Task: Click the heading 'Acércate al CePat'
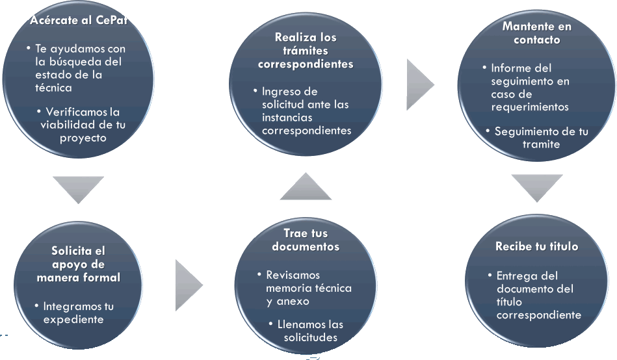[x=78, y=21]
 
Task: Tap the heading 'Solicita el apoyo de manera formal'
[x=78, y=264]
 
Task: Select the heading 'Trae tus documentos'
[x=306, y=240]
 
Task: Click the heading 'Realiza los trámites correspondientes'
[x=306, y=51]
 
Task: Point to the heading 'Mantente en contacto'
[x=536, y=32]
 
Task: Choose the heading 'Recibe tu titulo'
[x=536, y=247]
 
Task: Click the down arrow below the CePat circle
[x=78, y=188]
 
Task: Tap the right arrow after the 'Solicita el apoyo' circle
[x=189, y=285]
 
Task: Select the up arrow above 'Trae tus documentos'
[x=306, y=187]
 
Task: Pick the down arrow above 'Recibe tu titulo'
[x=536, y=187]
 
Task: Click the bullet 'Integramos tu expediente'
[x=78, y=313]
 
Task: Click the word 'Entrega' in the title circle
[x=518, y=276]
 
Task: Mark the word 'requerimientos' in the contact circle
[x=530, y=107]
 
